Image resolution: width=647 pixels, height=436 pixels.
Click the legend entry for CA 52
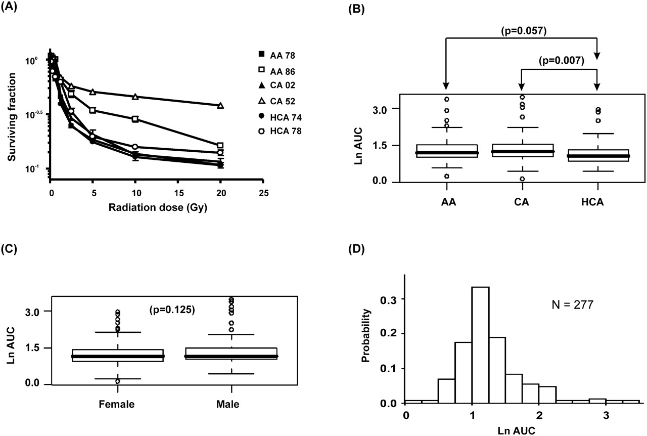click(x=276, y=101)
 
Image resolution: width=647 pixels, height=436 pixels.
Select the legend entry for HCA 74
click(x=280, y=117)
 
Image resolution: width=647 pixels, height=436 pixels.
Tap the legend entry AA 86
click(x=276, y=71)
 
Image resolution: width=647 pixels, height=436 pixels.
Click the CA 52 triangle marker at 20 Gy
click(x=220, y=105)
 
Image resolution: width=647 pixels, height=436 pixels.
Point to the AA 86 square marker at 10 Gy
click(x=135, y=119)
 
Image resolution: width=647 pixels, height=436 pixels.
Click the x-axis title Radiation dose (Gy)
click(x=158, y=207)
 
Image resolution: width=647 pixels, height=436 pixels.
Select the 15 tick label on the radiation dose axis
click(x=179, y=193)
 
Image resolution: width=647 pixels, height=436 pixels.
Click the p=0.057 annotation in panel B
click(x=524, y=31)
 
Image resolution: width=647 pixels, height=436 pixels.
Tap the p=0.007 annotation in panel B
click(x=562, y=60)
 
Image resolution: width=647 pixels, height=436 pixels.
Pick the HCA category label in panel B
click(x=592, y=202)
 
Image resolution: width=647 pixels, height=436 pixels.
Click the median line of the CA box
click(x=523, y=152)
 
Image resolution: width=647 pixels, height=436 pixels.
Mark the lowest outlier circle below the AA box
click(x=446, y=176)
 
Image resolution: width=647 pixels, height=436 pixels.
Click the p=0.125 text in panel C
click(x=172, y=310)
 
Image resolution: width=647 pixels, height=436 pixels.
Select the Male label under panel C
click(x=227, y=404)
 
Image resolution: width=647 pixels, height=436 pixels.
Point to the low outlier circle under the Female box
click(x=118, y=381)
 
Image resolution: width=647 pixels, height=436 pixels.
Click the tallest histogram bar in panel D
click(x=480, y=345)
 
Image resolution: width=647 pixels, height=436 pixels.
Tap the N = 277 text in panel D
click(x=573, y=304)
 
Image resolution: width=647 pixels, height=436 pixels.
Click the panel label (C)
click(x=9, y=249)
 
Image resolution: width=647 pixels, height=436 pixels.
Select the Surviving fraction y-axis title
click(x=12, y=117)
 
